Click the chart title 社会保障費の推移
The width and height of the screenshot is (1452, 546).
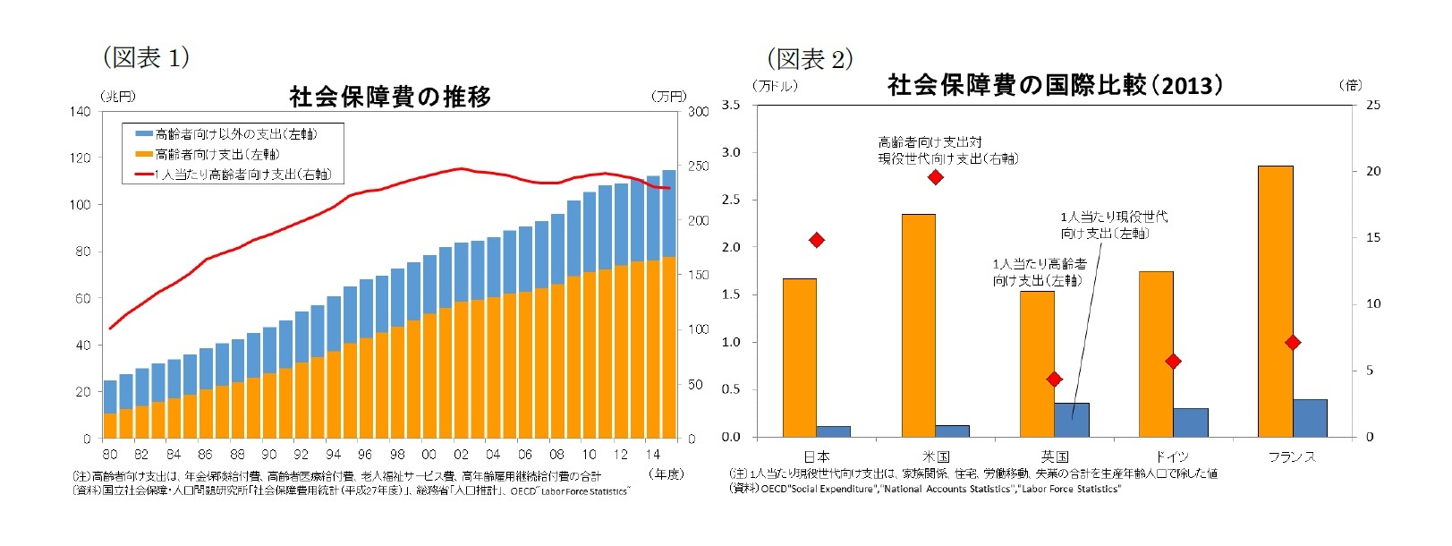390,96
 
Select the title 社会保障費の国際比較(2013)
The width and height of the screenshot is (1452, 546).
1055,85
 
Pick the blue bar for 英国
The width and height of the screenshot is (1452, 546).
1072,420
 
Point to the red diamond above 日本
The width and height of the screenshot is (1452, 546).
816,240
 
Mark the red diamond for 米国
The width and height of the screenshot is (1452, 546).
936,177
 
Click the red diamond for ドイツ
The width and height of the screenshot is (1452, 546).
1174,361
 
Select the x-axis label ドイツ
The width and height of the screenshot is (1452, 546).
1173,456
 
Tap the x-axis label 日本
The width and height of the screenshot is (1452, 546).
816,456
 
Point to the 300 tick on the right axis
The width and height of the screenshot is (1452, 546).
698,112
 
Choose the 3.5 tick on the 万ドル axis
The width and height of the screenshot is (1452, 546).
730,105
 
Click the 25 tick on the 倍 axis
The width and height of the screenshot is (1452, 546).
1372,105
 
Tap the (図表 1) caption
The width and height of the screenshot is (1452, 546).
146,57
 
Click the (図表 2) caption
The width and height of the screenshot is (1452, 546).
810,59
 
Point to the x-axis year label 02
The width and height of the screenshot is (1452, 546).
461,455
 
